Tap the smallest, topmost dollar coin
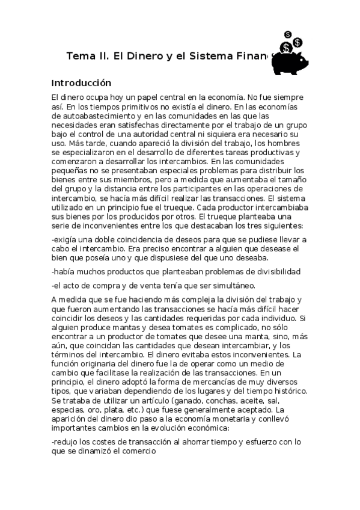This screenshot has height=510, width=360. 289,34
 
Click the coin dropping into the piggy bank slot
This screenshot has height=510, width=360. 287,47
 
